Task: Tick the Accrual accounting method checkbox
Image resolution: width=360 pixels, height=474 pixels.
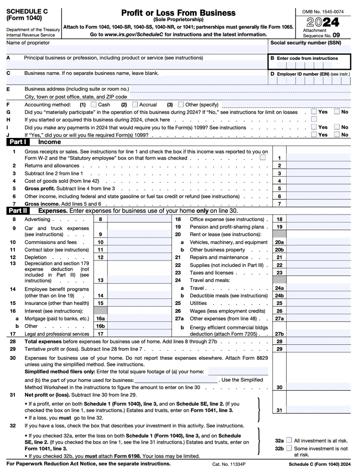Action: [x=135, y=104]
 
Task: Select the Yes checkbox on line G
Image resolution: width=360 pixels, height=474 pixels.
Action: [x=313, y=112]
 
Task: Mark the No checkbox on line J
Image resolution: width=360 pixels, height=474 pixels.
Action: [x=337, y=134]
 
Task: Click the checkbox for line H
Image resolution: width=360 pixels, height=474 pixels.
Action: [x=313, y=119]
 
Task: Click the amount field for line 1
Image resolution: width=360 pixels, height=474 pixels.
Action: [x=318, y=158]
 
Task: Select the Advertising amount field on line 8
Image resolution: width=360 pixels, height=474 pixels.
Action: [x=138, y=219]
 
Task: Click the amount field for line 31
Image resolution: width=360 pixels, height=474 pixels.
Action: [x=318, y=410]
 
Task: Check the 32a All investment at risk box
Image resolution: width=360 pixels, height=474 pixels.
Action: [x=289, y=440]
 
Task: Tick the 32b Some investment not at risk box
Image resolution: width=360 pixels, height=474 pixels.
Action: [x=289, y=448]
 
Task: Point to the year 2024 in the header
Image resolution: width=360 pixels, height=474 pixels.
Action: [x=322, y=22]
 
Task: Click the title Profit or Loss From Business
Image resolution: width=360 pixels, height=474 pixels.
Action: [x=178, y=13]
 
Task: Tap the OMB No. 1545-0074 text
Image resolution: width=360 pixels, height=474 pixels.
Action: [x=323, y=12]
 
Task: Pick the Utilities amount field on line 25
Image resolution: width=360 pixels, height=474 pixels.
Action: [x=318, y=303]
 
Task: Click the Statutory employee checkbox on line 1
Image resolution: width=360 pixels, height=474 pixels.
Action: [x=262, y=158]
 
